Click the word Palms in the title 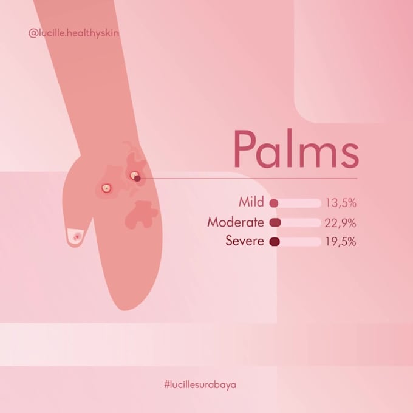coord(296,149)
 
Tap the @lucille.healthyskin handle coord(73,33)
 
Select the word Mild coord(251,202)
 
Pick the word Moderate coord(236,222)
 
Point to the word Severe coord(245,241)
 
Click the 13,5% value coord(341,203)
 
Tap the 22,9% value coord(341,222)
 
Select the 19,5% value coord(341,242)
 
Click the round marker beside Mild coord(273,203)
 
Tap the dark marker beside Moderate coord(275,222)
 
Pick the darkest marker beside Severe coord(274,242)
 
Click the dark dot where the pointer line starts coord(137,178)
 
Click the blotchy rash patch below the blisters coord(142,213)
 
